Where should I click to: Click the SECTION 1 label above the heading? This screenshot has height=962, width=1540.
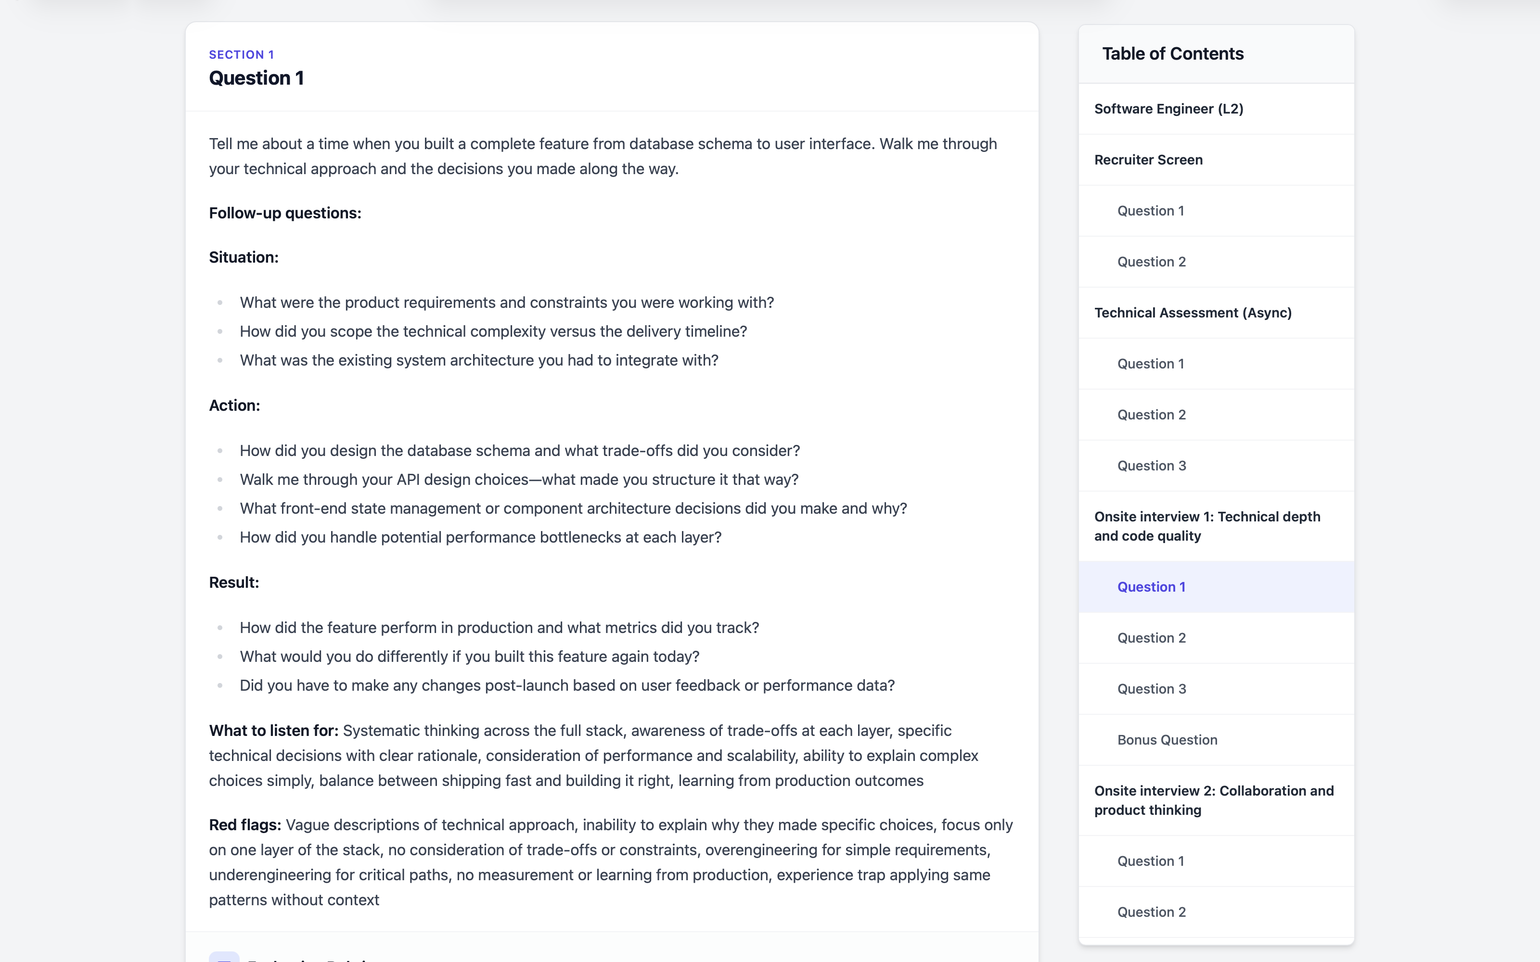pyautogui.click(x=241, y=55)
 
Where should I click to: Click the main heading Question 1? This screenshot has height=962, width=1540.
pyautogui.click(x=257, y=78)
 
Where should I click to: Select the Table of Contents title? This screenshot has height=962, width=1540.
pyautogui.click(x=1172, y=54)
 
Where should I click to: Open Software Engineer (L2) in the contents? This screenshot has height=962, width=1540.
pyautogui.click(x=1168, y=109)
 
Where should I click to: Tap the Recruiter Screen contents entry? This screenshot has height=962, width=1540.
pyautogui.click(x=1148, y=160)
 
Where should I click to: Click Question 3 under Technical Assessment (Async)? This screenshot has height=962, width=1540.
pyautogui.click(x=1151, y=466)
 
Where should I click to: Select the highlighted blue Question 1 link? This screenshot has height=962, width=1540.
pyautogui.click(x=1151, y=587)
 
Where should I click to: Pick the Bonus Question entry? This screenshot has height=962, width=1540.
pyautogui.click(x=1167, y=740)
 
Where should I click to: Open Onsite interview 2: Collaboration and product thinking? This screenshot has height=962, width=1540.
pyautogui.click(x=1214, y=800)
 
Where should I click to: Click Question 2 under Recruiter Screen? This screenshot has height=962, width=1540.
pyautogui.click(x=1151, y=262)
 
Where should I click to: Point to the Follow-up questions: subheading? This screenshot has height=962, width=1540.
pyautogui.click(x=285, y=213)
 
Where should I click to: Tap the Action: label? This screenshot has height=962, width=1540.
pyautogui.click(x=234, y=406)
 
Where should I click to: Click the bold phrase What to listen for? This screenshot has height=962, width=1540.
pyautogui.click(x=274, y=731)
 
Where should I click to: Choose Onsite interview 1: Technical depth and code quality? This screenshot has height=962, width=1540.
pyautogui.click(x=1206, y=526)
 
